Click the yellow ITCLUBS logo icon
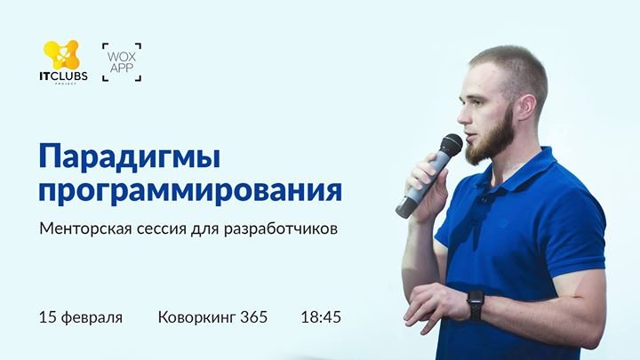(x=61, y=55)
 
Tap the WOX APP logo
(x=122, y=62)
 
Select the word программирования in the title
(x=190, y=191)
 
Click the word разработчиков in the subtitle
(x=280, y=229)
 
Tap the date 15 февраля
(x=81, y=317)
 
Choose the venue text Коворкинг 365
(x=212, y=317)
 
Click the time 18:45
(x=321, y=317)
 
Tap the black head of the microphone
(x=451, y=145)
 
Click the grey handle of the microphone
(x=420, y=185)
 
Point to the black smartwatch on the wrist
(x=476, y=304)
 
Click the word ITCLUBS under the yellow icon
(x=63, y=76)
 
